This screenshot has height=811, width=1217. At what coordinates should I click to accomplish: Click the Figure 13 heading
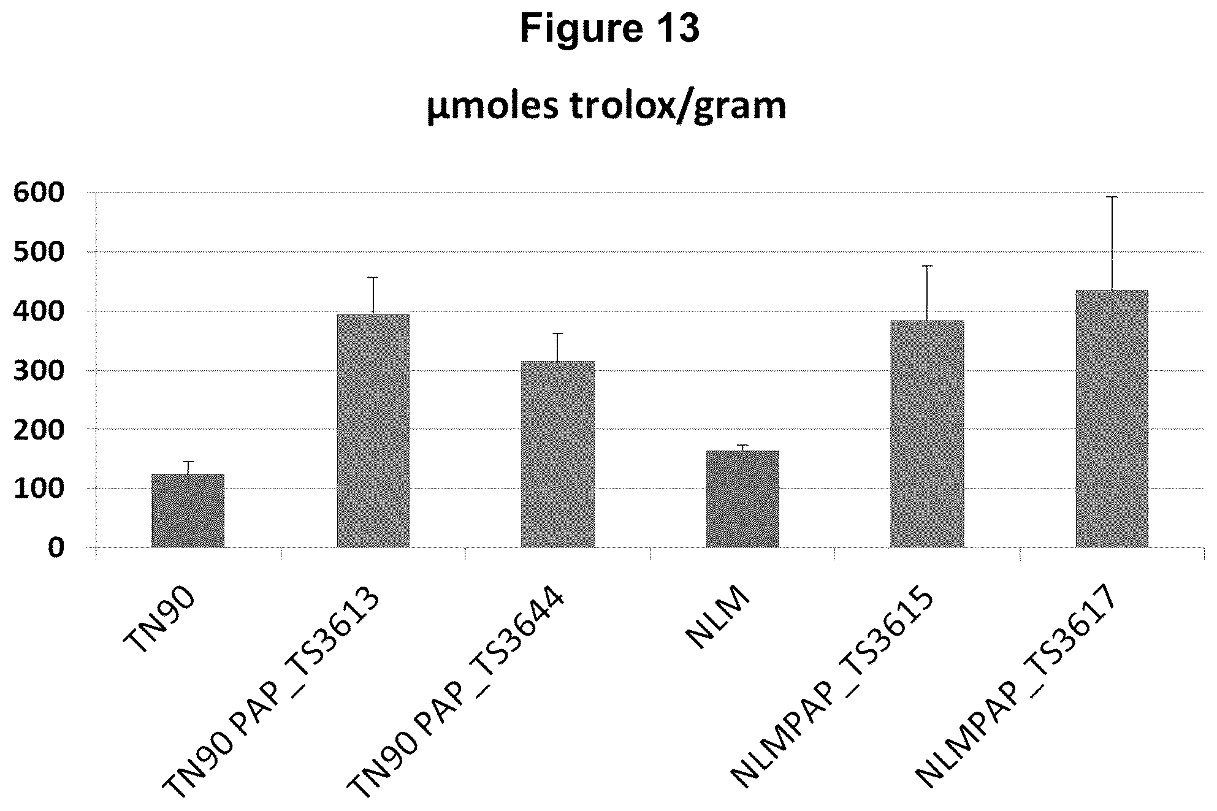click(x=609, y=29)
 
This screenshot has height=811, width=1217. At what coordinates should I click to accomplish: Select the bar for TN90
click(x=188, y=510)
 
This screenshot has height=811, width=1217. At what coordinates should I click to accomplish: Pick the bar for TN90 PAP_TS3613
click(x=373, y=430)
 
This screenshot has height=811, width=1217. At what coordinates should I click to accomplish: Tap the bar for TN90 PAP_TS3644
click(x=558, y=454)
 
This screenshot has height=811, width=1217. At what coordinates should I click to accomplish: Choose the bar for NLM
click(x=742, y=499)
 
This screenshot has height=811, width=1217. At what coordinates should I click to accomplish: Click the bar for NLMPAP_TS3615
click(x=927, y=433)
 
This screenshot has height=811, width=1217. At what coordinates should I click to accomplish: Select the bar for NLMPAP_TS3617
click(x=1112, y=419)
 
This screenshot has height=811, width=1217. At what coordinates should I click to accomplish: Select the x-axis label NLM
click(x=718, y=616)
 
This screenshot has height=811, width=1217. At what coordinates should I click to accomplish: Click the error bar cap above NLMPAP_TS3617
click(x=1112, y=197)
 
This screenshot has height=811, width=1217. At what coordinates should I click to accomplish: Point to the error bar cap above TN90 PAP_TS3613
click(x=373, y=278)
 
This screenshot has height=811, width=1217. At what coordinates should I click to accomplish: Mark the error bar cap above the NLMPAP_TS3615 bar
click(x=927, y=265)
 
